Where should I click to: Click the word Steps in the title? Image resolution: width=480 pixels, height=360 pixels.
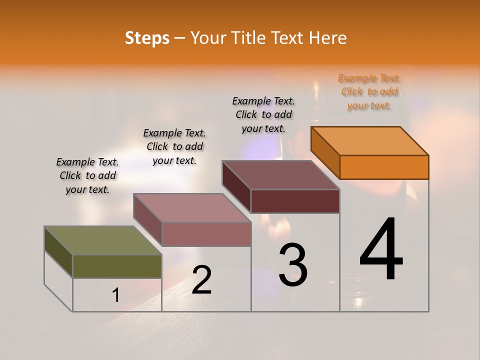pos(147,38)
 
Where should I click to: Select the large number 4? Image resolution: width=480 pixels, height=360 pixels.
pos(381,250)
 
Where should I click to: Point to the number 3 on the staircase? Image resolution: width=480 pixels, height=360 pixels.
pos(293,265)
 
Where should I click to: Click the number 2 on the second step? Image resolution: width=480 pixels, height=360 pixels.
pos(201,280)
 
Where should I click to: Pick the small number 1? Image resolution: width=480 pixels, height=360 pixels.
pos(116,295)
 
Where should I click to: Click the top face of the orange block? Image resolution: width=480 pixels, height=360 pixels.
pos(369,140)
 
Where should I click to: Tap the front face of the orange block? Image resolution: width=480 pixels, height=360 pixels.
pos(384,167)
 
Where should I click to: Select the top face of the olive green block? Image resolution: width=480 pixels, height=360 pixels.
pos(103,240)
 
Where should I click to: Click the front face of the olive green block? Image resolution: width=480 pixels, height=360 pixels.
pos(117,266)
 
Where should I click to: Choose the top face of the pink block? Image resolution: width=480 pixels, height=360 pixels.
pos(192,207)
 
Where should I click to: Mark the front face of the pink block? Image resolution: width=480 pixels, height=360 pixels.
pos(206,234)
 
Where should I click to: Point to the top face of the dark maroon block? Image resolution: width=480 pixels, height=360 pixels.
pos(280,175)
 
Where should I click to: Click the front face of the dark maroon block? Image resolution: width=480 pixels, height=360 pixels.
pos(295,201)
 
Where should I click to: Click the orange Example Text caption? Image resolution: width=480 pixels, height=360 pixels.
pos(369,91)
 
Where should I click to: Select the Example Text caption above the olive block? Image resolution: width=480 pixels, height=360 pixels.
pos(87,175)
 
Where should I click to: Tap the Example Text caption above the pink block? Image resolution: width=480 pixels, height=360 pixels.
pos(174,146)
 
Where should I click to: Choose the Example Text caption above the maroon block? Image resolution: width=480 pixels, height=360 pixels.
pos(263,114)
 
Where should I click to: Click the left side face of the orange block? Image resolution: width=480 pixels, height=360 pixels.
pos(325,152)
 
